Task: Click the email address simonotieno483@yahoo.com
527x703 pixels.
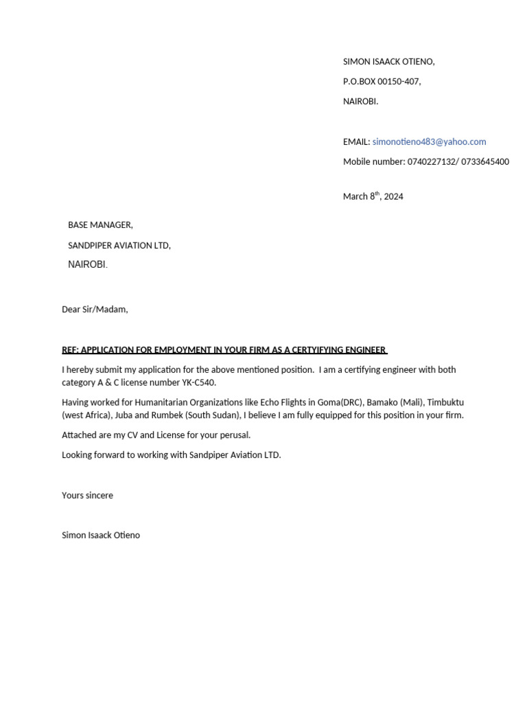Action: [x=429, y=141]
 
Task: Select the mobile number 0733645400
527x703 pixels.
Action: [x=487, y=162]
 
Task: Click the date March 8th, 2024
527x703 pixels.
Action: [x=373, y=196]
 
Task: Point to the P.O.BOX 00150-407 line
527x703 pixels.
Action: [x=382, y=82]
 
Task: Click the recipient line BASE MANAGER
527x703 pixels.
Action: [x=100, y=225]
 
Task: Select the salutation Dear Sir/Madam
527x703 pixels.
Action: [x=95, y=310]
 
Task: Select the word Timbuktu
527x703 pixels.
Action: [x=445, y=402]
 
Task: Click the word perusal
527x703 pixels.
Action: [x=233, y=435]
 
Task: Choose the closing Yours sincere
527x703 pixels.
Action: [x=87, y=495]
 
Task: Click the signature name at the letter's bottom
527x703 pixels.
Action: [x=100, y=535]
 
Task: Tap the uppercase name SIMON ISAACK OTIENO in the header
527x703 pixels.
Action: [x=388, y=62]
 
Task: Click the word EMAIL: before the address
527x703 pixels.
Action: [x=356, y=141]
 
